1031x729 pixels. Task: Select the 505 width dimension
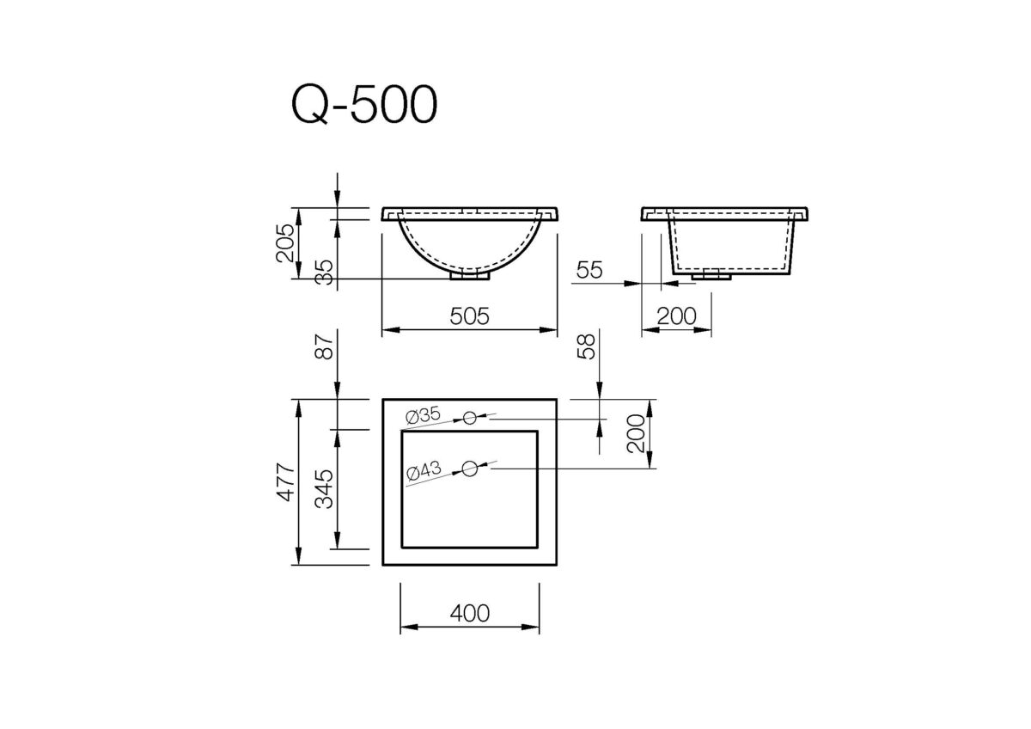(x=469, y=316)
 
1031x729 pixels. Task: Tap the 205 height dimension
(x=287, y=243)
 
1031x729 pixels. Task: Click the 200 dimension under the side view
(x=676, y=316)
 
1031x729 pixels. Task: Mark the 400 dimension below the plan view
(x=469, y=613)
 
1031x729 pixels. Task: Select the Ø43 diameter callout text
(x=423, y=470)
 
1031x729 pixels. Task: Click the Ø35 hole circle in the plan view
(x=469, y=418)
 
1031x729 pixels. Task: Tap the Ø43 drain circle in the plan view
(x=469, y=469)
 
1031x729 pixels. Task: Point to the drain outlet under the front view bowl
(x=470, y=275)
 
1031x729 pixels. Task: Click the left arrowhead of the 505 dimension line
(x=387, y=328)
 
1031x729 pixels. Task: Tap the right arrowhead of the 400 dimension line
(x=534, y=627)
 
